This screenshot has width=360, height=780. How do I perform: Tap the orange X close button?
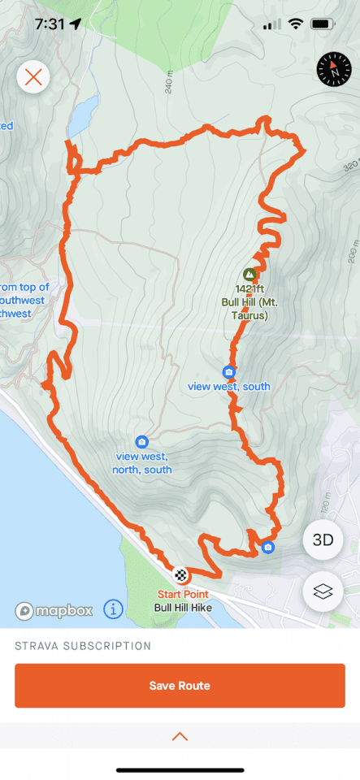click(x=33, y=77)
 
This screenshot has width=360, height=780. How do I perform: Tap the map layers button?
click(x=323, y=592)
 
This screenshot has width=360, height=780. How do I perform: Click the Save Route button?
click(x=180, y=686)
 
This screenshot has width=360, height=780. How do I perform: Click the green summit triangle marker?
click(x=249, y=275)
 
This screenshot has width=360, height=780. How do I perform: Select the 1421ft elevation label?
click(x=250, y=288)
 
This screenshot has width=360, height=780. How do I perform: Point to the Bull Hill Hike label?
click(x=184, y=607)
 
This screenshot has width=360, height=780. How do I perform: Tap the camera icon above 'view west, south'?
click(x=229, y=372)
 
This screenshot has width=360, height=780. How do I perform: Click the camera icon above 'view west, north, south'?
click(x=142, y=442)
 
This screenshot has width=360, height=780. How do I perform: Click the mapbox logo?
click(x=54, y=609)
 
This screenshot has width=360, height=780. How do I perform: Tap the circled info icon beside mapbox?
click(x=113, y=609)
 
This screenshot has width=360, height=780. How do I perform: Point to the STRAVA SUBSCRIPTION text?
click(x=83, y=646)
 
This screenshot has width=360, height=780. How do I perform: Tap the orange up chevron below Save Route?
click(x=180, y=736)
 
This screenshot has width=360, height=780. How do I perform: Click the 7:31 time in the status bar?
click(x=50, y=24)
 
